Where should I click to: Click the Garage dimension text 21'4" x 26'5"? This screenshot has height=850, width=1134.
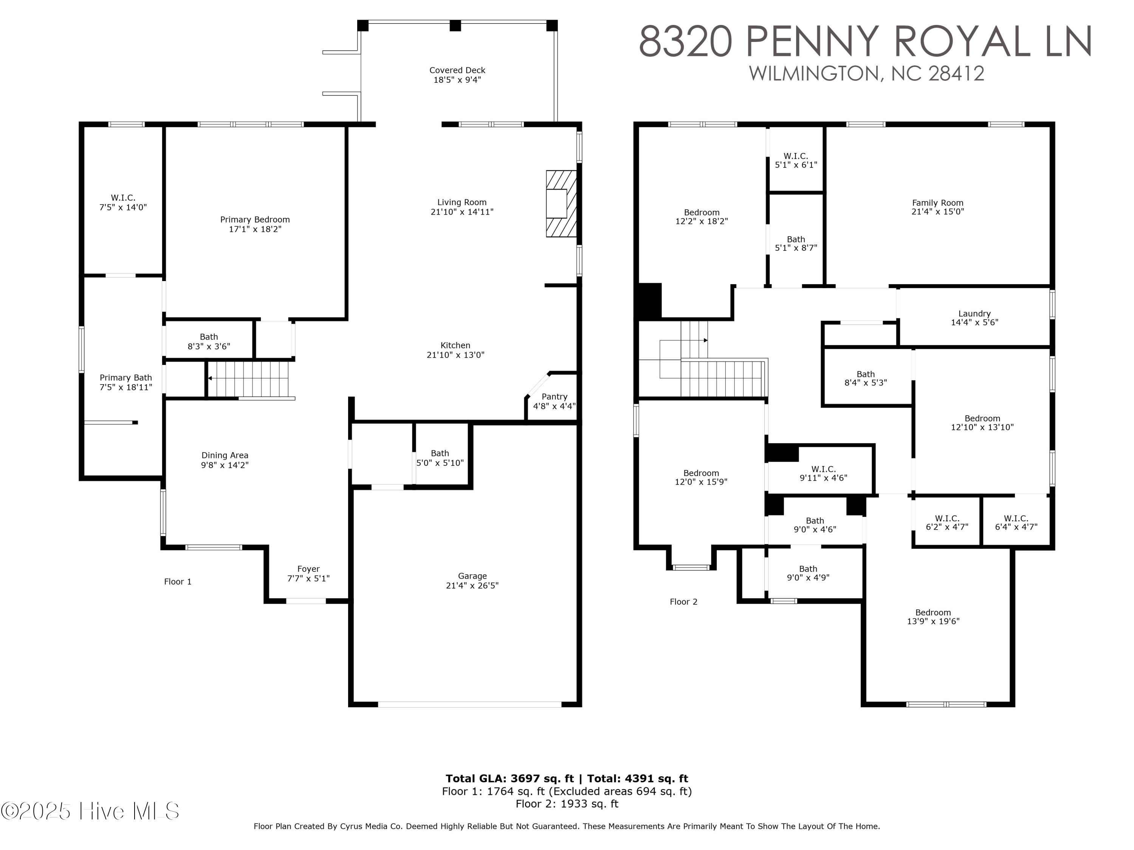(x=472, y=585)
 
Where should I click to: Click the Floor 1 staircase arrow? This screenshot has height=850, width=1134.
(x=210, y=378)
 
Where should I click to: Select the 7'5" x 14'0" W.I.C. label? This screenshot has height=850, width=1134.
(x=123, y=202)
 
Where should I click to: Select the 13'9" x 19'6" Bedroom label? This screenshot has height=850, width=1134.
(x=933, y=617)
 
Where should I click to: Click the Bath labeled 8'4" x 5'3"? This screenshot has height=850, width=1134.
(x=865, y=378)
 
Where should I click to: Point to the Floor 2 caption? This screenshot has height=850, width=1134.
(x=683, y=601)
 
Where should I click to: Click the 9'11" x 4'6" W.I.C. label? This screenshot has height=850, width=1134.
(x=823, y=473)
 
